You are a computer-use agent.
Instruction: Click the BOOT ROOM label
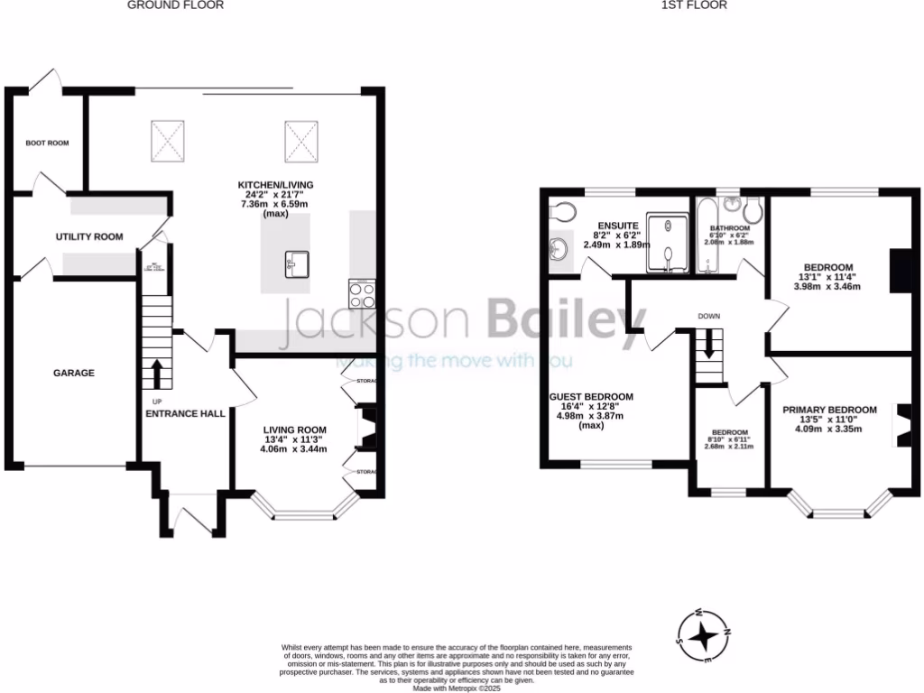click(47, 143)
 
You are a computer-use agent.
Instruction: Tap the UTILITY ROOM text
click(88, 236)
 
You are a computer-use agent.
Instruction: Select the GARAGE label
click(73, 373)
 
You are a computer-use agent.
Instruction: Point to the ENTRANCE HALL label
click(186, 413)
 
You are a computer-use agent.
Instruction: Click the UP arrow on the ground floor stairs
click(156, 373)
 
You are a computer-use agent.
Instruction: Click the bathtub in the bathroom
click(706, 238)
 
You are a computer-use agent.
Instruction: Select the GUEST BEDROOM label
click(591, 396)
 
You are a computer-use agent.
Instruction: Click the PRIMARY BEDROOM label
click(829, 410)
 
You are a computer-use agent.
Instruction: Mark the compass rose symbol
click(702, 637)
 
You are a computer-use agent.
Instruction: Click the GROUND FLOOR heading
click(175, 5)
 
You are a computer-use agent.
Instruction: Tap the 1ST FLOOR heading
click(694, 5)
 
